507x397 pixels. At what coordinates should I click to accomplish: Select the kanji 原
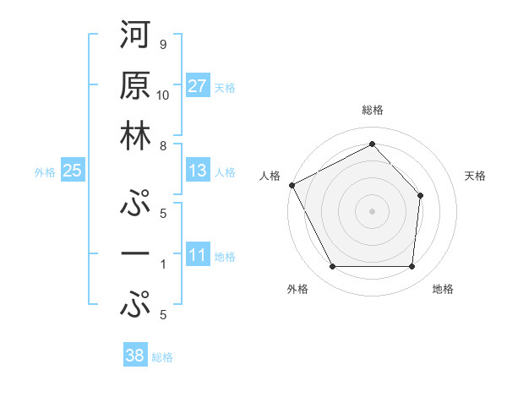pyautogui.click(x=136, y=88)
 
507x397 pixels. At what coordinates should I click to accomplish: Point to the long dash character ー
pyautogui.click(x=136, y=253)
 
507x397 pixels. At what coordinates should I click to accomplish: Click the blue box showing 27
pyautogui.click(x=198, y=86)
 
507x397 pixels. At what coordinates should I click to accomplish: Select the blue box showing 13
pyautogui.click(x=198, y=171)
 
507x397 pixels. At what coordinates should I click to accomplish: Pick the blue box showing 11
pyautogui.click(x=198, y=255)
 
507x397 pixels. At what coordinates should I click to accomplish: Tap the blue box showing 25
pyautogui.click(x=72, y=171)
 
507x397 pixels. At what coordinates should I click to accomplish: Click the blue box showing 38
pyautogui.click(x=134, y=356)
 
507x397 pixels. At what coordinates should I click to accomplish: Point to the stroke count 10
pyautogui.click(x=163, y=95)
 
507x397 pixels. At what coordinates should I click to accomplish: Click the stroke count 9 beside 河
pyautogui.click(x=162, y=45)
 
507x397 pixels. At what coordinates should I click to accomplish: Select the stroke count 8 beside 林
pyautogui.click(x=162, y=145)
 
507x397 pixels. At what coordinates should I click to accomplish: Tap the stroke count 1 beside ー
pyautogui.click(x=162, y=264)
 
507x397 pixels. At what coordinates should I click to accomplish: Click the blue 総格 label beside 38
pyautogui.click(x=162, y=357)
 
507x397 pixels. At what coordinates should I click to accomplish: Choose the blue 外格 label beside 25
pyautogui.click(x=45, y=172)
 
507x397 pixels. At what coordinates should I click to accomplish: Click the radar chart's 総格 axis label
pyautogui.click(x=372, y=110)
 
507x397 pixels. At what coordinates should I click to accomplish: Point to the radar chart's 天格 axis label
pyautogui.click(x=476, y=176)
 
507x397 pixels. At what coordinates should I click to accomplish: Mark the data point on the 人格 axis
pyautogui.click(x=292, y=184)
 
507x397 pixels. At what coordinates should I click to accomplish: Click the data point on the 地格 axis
pyautogui.click(x=412, y=267)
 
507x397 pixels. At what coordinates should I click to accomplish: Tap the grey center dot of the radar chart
pyautogui.click(x=372, y=210)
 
